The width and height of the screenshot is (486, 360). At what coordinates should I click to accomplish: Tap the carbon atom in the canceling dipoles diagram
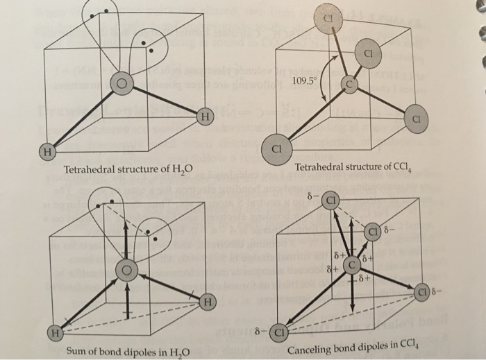point(352,264)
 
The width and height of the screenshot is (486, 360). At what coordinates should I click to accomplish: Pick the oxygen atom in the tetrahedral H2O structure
point(122,84)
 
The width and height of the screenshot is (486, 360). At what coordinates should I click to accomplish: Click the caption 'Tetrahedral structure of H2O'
point(127,169)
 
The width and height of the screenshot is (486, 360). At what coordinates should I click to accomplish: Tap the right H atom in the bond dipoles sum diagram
point(207,302)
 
